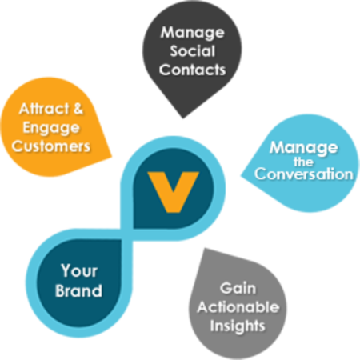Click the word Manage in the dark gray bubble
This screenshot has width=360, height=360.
pos(191,34)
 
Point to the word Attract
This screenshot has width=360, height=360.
pos(40,109)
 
